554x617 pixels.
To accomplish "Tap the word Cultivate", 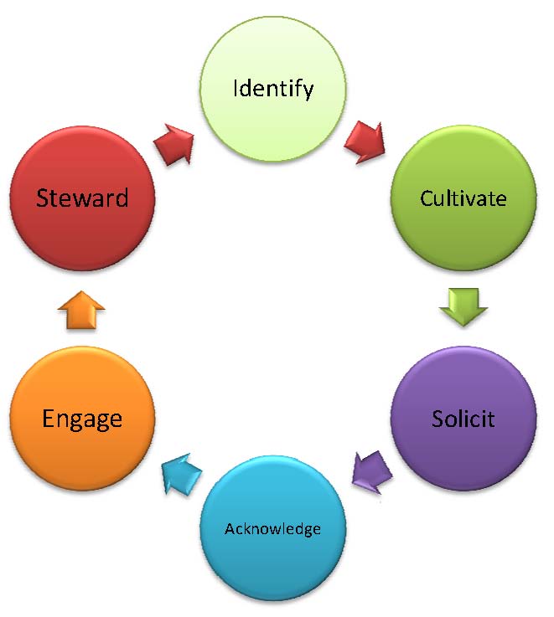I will [x=463, y=199].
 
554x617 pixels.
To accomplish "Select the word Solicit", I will [x=463, y=419].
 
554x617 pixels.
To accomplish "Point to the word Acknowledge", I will [x=272, y=529].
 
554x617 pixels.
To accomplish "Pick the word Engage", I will [x=82, y=419].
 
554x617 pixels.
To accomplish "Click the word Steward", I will [x=82, y=198].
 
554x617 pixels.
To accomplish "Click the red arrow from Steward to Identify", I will [x=174, y=144].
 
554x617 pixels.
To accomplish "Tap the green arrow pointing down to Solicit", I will [x=463, y=306].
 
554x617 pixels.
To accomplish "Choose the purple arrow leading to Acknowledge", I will [x=370, y=471].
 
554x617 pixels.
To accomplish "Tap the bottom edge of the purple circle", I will [x=463, y=490].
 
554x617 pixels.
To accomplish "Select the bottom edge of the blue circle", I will [x=272, y=601].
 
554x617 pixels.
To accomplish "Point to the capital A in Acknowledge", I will [x=230, y=529].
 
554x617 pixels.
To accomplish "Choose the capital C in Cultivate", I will [x=426, y=199].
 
